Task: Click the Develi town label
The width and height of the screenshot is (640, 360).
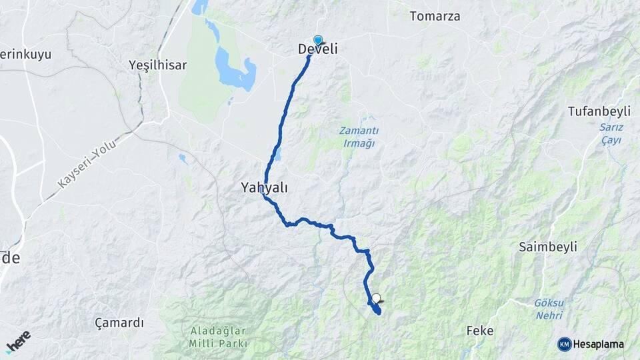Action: coord(317,49)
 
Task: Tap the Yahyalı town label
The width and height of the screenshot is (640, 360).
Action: coord(264,188)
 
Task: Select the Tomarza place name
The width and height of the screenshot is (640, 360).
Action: coord(435,16)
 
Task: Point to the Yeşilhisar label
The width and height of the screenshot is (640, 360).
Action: coord(157,65)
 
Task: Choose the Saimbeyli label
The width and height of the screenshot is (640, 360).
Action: coord(548,247)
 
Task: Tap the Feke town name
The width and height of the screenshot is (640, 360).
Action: coord(480,331)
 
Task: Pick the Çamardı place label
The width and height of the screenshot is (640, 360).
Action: coord(119,323)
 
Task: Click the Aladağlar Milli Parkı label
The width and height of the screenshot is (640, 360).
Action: coord(219,337)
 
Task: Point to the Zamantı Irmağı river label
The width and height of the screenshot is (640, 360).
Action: coord(359,137)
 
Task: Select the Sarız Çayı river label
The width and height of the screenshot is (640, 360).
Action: coord(611,133)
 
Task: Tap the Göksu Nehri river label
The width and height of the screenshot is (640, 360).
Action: coord(549,308)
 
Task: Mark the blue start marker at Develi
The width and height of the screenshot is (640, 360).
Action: coord(318,40)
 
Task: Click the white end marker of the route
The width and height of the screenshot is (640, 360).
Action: coord(376,299)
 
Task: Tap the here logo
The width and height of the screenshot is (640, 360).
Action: coord(18,341)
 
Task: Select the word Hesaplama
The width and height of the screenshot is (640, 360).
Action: coord(598,344)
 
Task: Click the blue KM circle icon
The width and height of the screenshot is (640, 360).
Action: coord(564,344)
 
